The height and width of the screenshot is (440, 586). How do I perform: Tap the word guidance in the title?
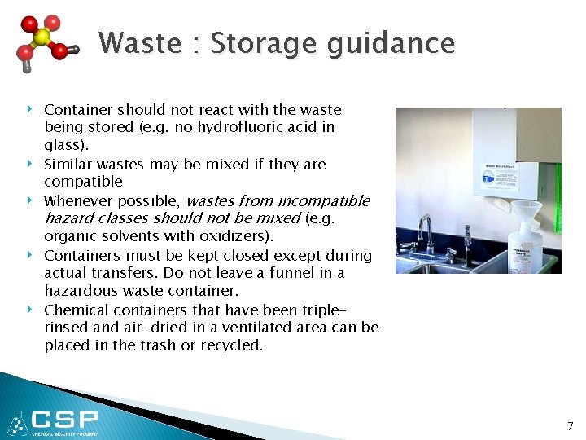tap(391, 44)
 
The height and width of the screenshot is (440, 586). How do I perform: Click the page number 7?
tap(570, 426)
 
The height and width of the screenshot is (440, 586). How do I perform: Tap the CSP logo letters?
tap(65, 420)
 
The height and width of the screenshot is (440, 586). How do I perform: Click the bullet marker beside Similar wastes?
tap(32, 164)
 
